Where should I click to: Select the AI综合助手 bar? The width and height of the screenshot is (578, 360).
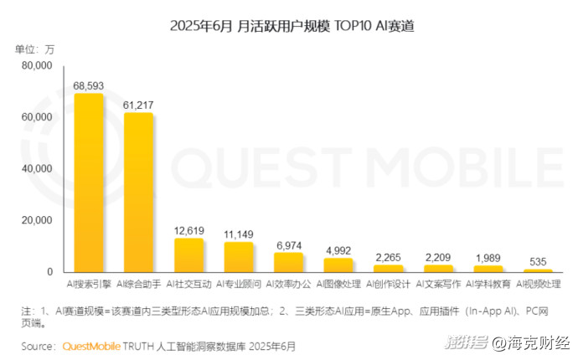pyautogui.click(x=139, y=193)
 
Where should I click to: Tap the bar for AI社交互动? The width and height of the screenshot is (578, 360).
pyautogui.click(x=189, y=255)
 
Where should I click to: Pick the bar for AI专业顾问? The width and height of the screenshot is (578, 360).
pyautogui.click(x=239, y=257)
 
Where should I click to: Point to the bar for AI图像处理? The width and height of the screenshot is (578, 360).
pyautogui.click(x=338, y=265)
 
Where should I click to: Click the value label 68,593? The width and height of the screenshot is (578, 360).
pyautogui.click(x=89, y=85)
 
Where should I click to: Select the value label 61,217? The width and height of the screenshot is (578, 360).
pyautogui.click(x=139, y=105)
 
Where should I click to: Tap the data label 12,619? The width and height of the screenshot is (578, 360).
pyautogui.click(x=189, y=230)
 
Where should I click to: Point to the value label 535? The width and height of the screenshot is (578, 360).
pyautogui.click(x=539, y=261)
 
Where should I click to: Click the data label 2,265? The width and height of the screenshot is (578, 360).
pyautogui.click(x=389, y=257)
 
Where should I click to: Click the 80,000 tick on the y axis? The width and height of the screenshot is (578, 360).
pyautogui.click(x=37, y=64)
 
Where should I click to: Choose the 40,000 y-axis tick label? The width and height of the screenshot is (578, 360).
pyautogui.click(x=37, y=168)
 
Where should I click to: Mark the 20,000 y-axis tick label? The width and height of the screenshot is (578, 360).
pyautogui.click(x=37, y=220)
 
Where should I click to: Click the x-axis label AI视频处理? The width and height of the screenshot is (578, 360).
pyautogui.click(x=539, y=284)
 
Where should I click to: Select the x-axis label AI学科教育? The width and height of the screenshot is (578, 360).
pyautogui.click(x=488, y=284)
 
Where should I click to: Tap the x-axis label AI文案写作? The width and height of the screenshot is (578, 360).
pyautogui.click(x=439, y=284)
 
